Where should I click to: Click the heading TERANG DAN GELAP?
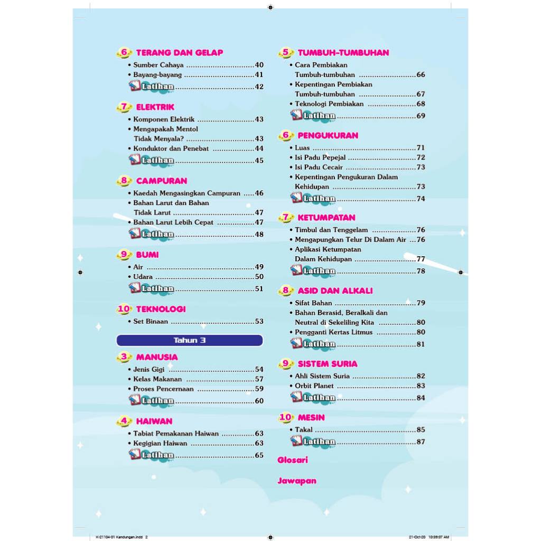pyautogui.click(x=179, y=53)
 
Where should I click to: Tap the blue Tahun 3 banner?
pyautogui.click(x=189, y=340)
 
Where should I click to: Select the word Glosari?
pyautogui.click(x=293, y=460)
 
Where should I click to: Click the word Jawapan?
pyautogui.click(x=297, y=481)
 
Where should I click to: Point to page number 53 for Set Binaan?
pyautogui.click(x=259, y=321)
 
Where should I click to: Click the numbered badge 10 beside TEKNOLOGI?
pyautogui.click(x=124, y=309)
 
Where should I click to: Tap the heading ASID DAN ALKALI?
pyautogui.click(x=335, y=291)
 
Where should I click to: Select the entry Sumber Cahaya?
pyautogui.click(x=158, y=65)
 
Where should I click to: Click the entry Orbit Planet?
pyautogui.click(x=314, y=386)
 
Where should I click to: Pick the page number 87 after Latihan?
pyautogui.click(x=421, y=442)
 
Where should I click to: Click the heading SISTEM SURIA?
pyautogui.click(x=327, y=363)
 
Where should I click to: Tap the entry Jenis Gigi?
pyautogui.click(x=148, y=369)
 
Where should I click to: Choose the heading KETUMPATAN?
pyautogui.click(x=326, y=217)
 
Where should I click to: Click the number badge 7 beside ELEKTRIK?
pyautogui.click(x=124, y=107)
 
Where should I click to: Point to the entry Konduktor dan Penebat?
pyautogui.click(x=171, y=148)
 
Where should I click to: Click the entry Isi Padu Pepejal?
pyautogui.click(x=320, y=157)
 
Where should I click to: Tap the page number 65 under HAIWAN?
pyautogui.click(x=259, y=455)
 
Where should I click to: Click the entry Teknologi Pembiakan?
pyautogui.click(x=329, y=104)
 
